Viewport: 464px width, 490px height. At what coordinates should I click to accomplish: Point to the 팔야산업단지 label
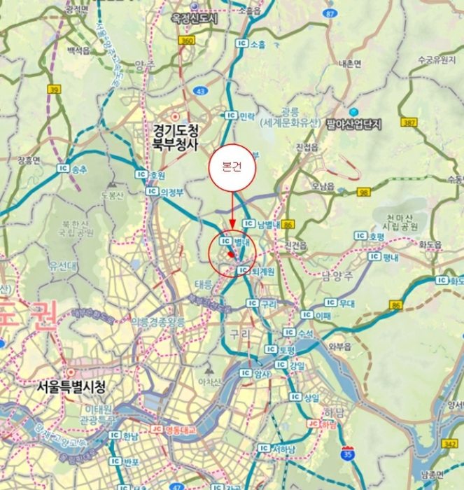pos(353,124)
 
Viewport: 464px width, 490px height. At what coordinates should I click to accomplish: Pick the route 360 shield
pos(186,41)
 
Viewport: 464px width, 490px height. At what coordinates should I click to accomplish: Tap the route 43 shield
pos(201,91)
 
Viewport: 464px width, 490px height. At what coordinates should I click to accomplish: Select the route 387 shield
pos(409,123)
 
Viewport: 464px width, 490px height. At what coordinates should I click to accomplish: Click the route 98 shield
pos(363,191)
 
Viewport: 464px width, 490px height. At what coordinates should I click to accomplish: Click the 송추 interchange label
pos(73,169)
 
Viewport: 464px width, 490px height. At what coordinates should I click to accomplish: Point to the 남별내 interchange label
pos(262,224)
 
